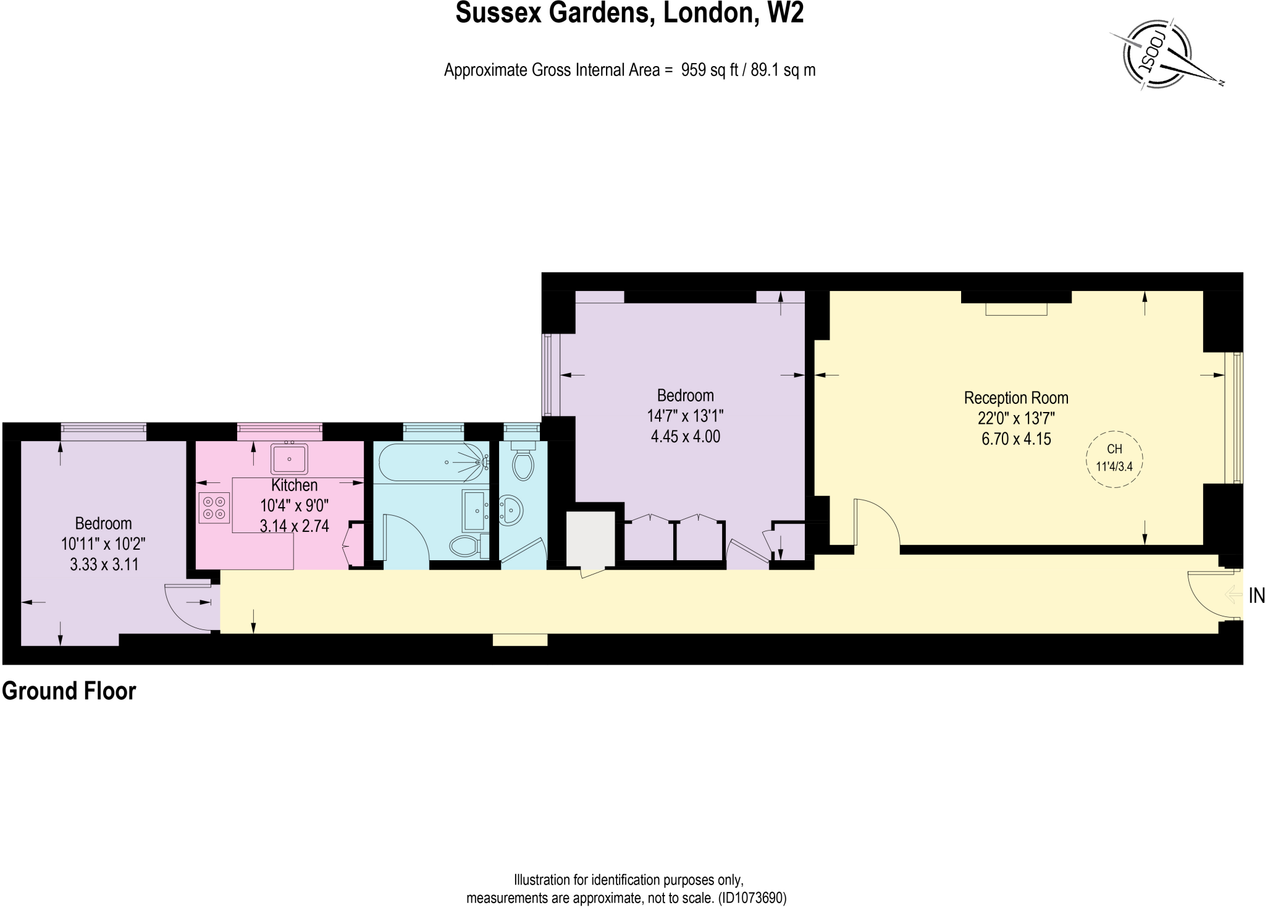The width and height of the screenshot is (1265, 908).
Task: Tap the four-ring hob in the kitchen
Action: pyautogui.click(x=214, y=508)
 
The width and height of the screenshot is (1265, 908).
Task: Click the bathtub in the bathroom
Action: pyautogui.click(x=431, y=463)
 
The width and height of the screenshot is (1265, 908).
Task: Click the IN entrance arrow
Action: pyautogui.click(x=1233, y=595)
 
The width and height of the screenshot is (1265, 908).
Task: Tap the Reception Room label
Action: pyautogui.click(x=1016, y=398)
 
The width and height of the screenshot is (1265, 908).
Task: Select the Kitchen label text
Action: pyautogui.click(x=295, y=486)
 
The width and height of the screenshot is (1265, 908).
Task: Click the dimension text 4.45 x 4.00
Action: pyautogui.click(x=686, y=437)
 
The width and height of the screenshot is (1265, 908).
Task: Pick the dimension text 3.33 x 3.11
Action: pyautogui.click(x=104, y=564)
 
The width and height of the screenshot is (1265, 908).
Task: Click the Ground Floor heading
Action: pyautogui.click(x=69, y=691)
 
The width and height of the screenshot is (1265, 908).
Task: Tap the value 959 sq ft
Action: pyautogui.click(x=710, y=70)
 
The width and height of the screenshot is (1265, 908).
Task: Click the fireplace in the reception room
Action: pyautogui.click(x=1016, y=308)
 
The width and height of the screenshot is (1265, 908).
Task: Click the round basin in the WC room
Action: pyautogui.click(x=511, y=510)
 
